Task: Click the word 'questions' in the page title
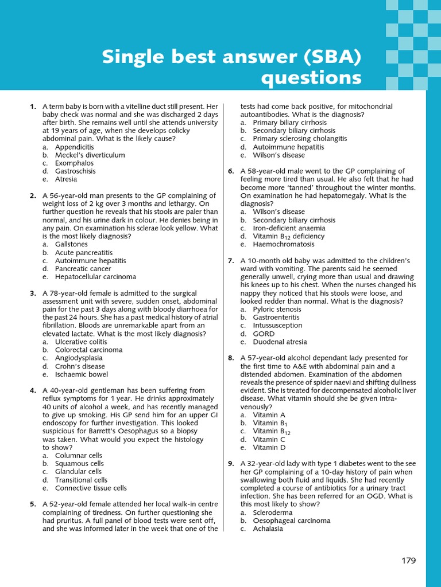[x=311, y=77]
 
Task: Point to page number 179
[x=408, y=561]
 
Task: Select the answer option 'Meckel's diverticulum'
[x=90, y=155]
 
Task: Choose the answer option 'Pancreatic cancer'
[x=83, y=268]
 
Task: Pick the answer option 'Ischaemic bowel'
[x=81, y=374]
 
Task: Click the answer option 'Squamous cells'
[x=79, y=463]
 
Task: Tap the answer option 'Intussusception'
[x=277, y=325]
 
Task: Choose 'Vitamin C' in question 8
[x=269, y=440]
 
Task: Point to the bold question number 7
[x=231, y=261]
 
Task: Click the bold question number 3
[x=33, y=293]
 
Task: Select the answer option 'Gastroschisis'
[x=75, y=171]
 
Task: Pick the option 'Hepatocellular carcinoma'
[x=95, y=276]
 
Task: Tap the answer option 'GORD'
[x=264, y=334]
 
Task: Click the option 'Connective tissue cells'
[x=91, y=488]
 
